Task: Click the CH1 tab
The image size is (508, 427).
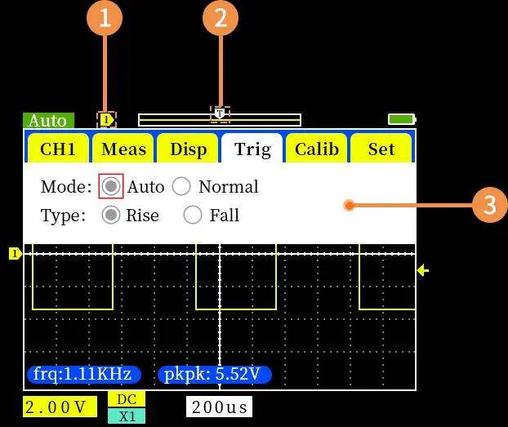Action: (58, 149)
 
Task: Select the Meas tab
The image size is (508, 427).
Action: (123, 149)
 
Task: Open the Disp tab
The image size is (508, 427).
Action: (188, 149)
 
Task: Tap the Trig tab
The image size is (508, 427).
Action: (252, 149)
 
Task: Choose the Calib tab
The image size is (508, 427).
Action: (317, 149)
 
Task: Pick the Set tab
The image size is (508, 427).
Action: (381, 149)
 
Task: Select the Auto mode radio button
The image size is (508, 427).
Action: (111, 186)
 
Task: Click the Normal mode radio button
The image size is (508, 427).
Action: (181, 186)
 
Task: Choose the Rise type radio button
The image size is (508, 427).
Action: (111, 215)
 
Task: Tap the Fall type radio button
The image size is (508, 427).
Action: (193, 215)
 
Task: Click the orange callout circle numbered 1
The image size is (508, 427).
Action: (105, 18)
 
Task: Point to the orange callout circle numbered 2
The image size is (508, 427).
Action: (221, 18)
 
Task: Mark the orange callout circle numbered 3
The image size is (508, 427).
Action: (489, 205)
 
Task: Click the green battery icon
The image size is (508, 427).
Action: (402, 119)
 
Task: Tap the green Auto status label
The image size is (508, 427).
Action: (49, 121)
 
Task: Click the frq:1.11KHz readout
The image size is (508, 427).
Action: (83, 374)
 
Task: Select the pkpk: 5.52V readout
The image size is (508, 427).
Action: (214, 374)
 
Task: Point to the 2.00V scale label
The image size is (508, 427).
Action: (60, 407)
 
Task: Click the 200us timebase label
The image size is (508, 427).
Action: (220, 407)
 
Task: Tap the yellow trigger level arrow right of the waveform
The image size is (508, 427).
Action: (423, 270)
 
